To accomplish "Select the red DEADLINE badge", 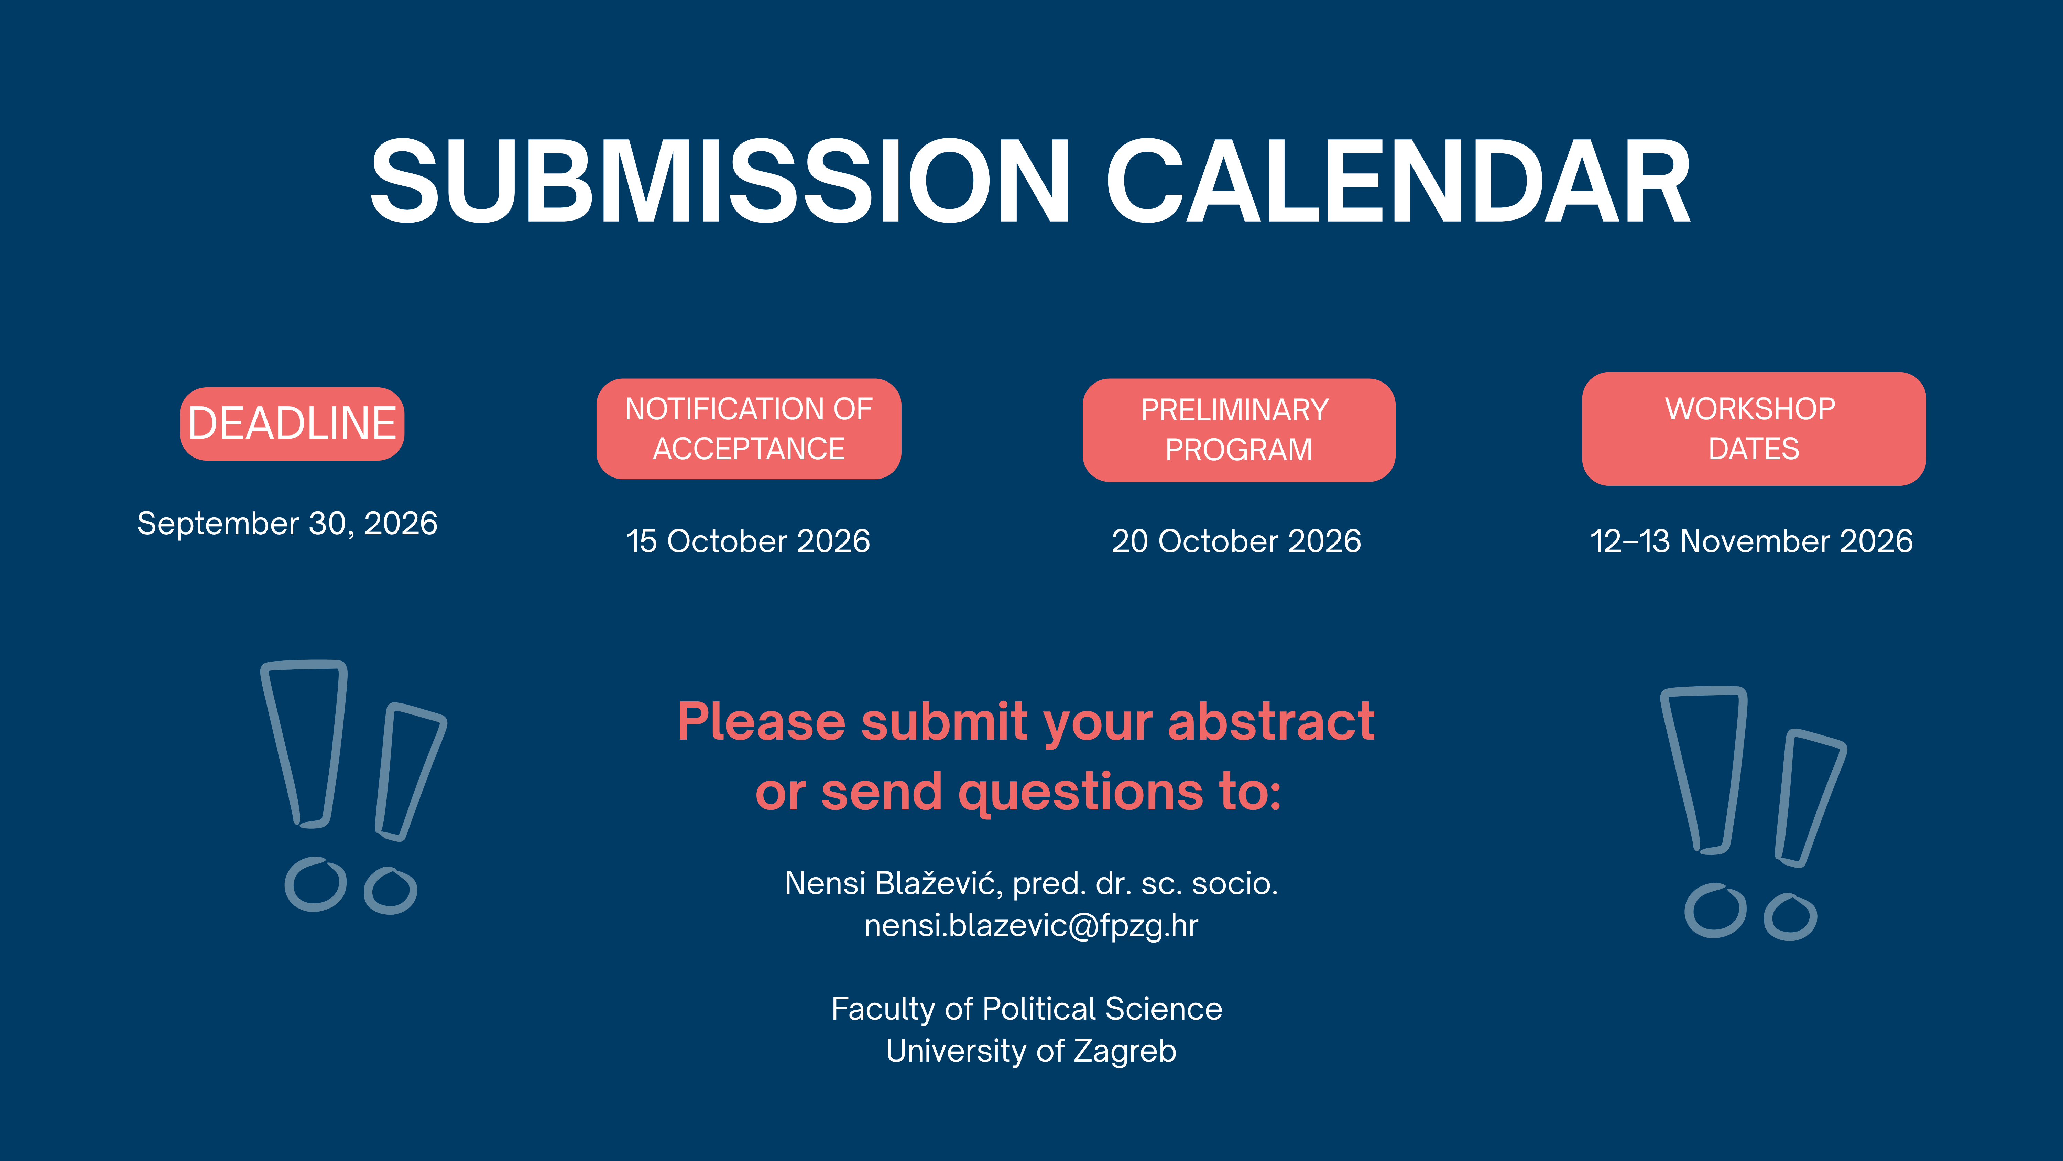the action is pos(292,424).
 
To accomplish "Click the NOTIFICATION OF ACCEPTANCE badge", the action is pos(749,429).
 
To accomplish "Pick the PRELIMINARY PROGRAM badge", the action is pos(1239,430).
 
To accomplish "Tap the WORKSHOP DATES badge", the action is pos(1754,429).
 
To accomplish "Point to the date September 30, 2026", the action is pos(287,523).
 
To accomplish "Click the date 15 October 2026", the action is pos(748,541).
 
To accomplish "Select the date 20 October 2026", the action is pos(1236,541).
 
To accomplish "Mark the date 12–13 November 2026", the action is pos(1751,541).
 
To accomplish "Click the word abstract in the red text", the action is pos(1271,721).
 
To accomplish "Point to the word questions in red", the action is pos(1080,792).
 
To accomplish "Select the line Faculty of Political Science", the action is pos(1027,1009).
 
